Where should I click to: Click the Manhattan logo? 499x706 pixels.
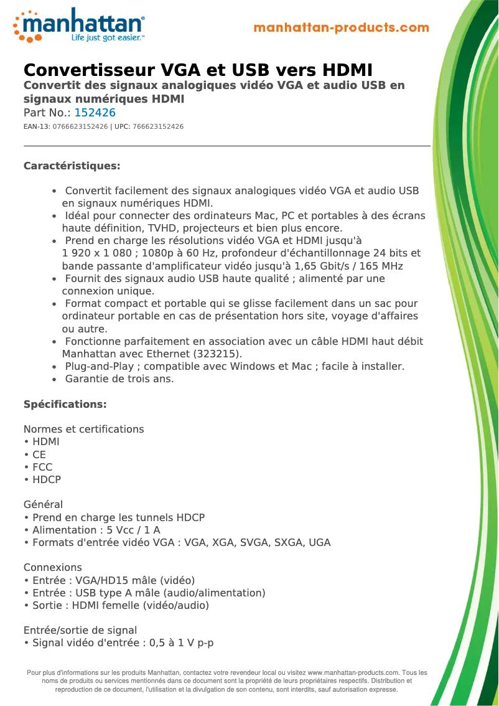[x=79, y=26]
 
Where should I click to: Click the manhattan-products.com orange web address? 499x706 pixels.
[x=341, y=28]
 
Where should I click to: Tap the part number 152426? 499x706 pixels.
[x=95, y=113]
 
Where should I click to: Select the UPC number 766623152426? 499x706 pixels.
[x=158, y=127]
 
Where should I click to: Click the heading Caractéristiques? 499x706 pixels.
[x=72, y=166]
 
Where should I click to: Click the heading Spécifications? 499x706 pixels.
[x=65, y=405]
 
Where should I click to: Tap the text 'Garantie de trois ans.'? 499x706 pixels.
[x=119, y=379]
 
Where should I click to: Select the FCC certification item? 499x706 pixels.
[x=42, y=467]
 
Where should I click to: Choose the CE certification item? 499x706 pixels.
[x=39, y=454]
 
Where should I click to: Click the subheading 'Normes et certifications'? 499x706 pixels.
[x=83, y=430]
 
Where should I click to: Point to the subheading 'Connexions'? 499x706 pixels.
[x=52, y=568]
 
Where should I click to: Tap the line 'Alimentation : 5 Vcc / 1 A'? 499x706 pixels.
[x=96, y=530]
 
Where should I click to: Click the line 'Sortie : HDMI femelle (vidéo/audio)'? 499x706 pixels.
[x=120, y=605]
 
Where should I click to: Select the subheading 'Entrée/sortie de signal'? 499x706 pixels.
[x=80, y=631]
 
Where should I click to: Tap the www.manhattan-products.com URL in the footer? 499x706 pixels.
[x=353, y=673]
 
